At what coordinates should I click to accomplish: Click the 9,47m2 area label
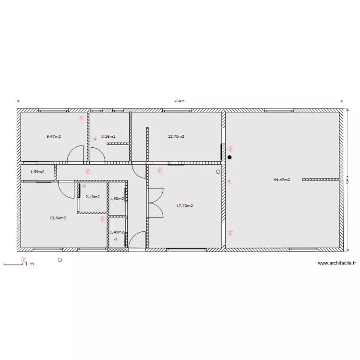pyautogui.click(x=54, y=136)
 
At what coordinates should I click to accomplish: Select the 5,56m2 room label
pyautogui.click(x=108, y=136)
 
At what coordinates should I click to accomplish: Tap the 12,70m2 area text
pyautogui.click(x=176, y=136)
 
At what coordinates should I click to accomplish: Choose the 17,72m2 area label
pyautogui.click(x=185, y=205)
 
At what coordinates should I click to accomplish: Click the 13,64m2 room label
pyautogui.click(x=58, y=217)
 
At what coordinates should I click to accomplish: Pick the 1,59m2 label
pyautogui.click(x=37, y=171)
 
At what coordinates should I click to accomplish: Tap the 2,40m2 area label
pyautogui.click(x=93, y=196)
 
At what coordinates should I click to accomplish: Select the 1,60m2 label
pyautogui.click(x=117, y=198)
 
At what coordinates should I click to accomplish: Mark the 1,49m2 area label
pyautogui.click(x=117, y=232)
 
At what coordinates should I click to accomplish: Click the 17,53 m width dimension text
pyautogui.click(x=180, y=101)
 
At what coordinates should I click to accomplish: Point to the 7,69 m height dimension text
pyautogui.click(x=347, y=180)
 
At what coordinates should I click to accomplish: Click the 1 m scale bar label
pyautogui.click(x=30, y=264)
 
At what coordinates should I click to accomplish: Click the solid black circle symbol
pyautogui.click(x=229, y=157)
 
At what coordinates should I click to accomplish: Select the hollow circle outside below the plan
pyautogui.click(x=60, y=260)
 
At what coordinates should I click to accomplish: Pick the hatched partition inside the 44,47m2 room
pyautogui.click(x=321, y=179)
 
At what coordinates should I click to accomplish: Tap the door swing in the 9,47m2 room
pyautogui.click(x=76, y=155)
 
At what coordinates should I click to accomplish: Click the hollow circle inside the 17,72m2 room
pyautogui.click(x=218, y=171)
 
